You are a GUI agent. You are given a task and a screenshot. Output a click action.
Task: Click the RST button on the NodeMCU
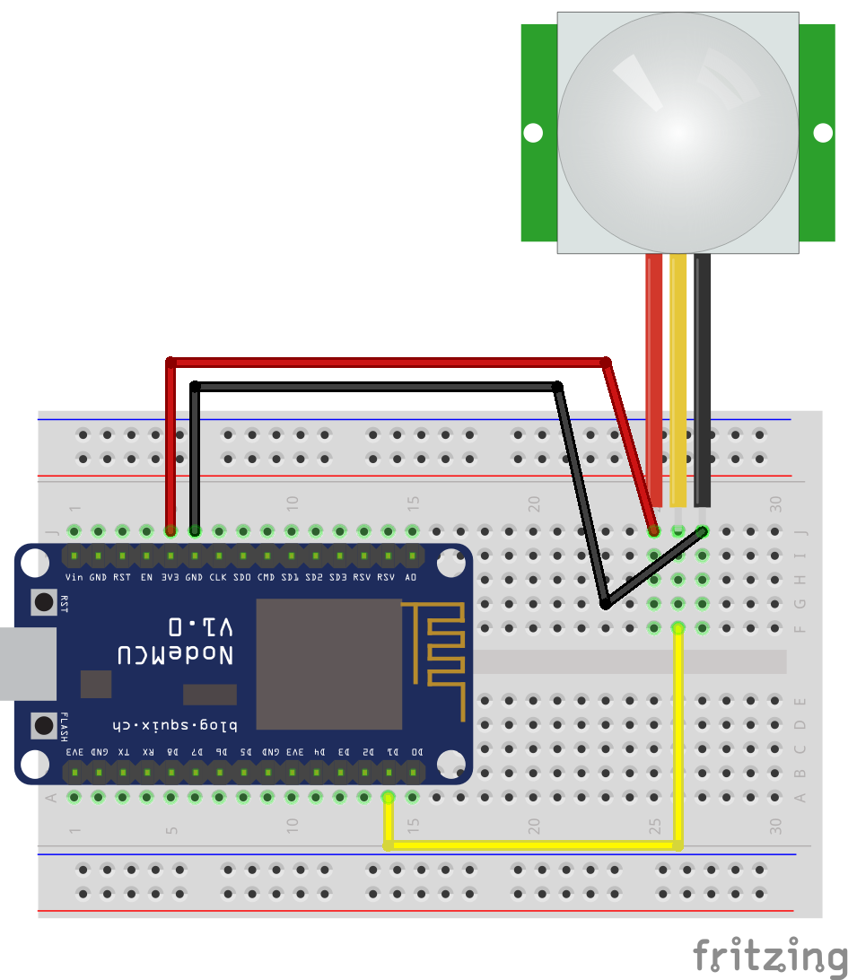tap(43, 601)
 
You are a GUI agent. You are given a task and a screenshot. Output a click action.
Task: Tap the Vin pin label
tap(74, 578)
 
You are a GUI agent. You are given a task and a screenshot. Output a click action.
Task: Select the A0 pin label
tap(411, 578)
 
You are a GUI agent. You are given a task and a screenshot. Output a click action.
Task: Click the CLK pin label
tap(218, 578)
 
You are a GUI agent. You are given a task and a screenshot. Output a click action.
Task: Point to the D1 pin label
tap(392, 751)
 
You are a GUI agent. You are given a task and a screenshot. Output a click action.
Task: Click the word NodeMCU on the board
tap(176, 655)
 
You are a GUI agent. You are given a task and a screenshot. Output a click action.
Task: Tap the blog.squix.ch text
tap(176, 723)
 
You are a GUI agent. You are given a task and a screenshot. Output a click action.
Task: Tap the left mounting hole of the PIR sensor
tap(533, 133)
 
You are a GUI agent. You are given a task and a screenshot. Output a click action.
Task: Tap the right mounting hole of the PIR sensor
tap(823, 133)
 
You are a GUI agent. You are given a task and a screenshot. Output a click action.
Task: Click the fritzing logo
tap(769, 956)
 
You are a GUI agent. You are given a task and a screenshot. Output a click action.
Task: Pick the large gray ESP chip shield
tap(329, 664)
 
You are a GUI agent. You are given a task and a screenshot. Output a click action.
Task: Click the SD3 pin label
tap(338, 578)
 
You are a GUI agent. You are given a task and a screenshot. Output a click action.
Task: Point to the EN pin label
tap(146, 578)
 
